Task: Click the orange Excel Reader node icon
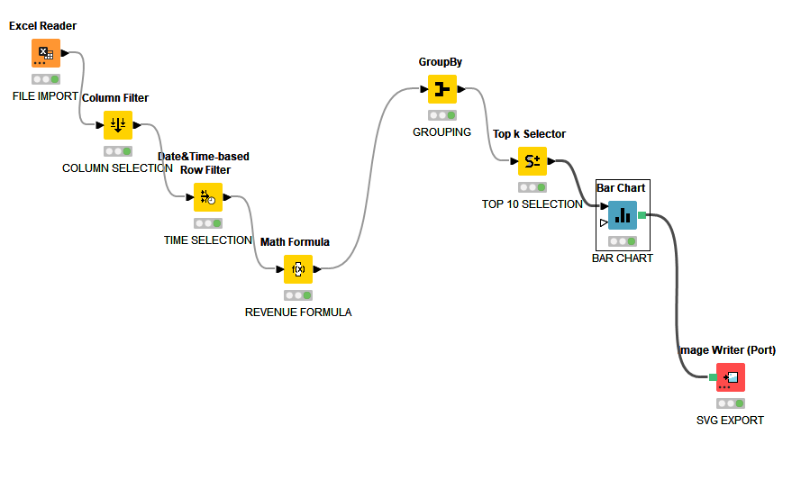click(46, 53)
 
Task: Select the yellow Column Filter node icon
click(118, 125)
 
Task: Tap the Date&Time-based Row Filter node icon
click(208, 197)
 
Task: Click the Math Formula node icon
click(298, 268)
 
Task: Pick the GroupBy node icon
click(441, 89)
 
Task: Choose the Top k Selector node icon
click(532, 161)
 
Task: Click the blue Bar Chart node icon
click(622, 215)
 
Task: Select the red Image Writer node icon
click(731, 376)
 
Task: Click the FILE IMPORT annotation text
click(45, 96)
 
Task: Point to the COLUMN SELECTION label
click(117, 168)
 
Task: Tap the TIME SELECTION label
click(207, 240)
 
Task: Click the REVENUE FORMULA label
click(298, 312)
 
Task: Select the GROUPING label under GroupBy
click(441, 132)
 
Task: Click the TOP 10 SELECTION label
click(532, 204)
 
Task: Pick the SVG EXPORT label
click(730, 421)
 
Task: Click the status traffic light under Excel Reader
click(46, 79)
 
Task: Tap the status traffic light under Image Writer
click(731, 403)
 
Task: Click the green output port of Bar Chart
click(642, 214)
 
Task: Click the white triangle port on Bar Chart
click(603, 222)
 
